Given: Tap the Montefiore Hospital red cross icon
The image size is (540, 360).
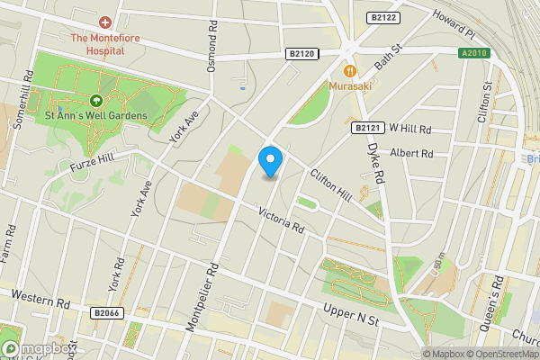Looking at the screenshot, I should click(x=106, y=22).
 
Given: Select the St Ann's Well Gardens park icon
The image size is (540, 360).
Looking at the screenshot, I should click(x=95, y=101).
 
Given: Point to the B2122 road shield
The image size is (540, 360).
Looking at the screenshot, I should click(x=384, y=17).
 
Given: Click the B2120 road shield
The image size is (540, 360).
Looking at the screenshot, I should click(x=301, y=54).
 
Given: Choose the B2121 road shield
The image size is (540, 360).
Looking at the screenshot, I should click(x=364, y=129).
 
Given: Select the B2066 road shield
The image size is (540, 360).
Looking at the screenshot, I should click(x=106, y=312).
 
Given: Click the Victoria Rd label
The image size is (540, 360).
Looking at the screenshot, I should click(x=281, y=220).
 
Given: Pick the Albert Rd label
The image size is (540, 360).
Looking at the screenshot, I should click(x=412, y=154).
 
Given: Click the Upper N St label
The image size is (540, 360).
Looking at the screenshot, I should click(x=352, y=315).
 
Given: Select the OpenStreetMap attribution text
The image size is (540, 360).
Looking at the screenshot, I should click(x=503, y=354).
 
